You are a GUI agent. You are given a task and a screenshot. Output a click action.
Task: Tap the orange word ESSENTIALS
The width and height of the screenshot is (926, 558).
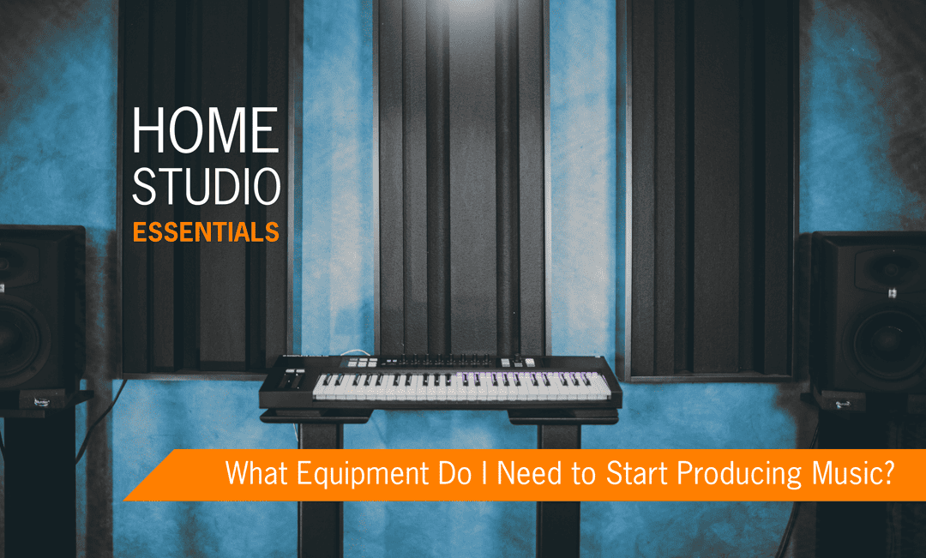coord(206,232)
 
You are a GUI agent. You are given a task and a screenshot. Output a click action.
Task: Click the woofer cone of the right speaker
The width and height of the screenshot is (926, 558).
coord(887,343)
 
